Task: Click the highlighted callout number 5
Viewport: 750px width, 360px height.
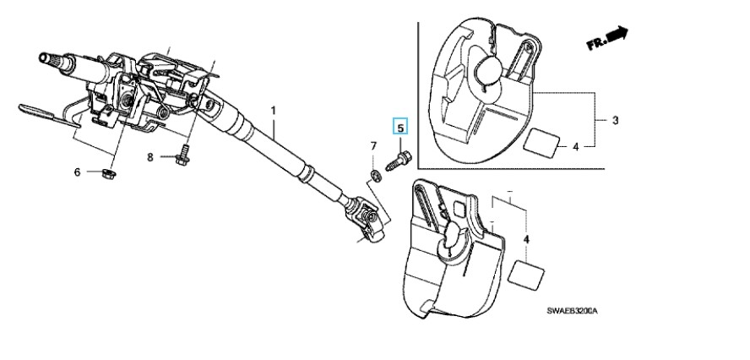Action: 400,128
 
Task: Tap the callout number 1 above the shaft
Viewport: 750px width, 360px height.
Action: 273,111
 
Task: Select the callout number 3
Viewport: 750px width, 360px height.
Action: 615,120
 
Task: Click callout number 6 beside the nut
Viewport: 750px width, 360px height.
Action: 77,172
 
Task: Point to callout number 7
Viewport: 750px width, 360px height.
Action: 373,145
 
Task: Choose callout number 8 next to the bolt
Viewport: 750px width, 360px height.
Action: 149,156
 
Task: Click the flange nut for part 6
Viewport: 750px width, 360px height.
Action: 110,172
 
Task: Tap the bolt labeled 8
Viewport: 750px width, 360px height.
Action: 182,157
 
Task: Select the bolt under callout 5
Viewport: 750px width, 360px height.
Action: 398,161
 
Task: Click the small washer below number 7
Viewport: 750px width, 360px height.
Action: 376,175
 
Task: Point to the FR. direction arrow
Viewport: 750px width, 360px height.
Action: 607,38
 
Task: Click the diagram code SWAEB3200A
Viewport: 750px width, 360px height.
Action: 572,311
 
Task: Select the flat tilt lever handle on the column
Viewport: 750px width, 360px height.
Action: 49,116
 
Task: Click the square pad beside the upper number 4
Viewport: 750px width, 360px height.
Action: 541,142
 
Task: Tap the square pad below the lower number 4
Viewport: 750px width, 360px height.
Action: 525,273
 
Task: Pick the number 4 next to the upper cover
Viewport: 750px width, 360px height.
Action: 575,147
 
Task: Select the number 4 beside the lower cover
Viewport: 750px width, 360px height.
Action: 526,238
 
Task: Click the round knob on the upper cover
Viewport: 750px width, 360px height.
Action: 487,70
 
